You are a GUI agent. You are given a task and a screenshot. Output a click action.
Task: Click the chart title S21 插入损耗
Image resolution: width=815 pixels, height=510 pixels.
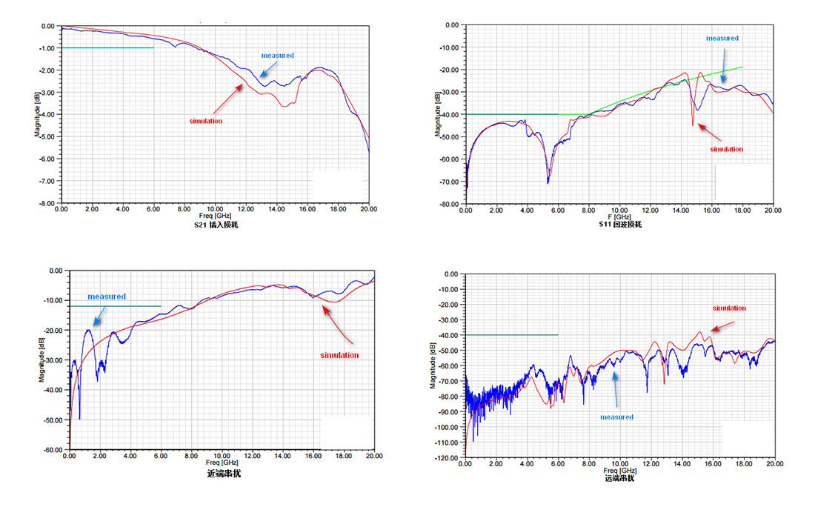pos(211,224)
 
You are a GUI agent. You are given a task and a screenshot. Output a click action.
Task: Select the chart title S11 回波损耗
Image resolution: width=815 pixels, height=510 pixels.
pos(619,224)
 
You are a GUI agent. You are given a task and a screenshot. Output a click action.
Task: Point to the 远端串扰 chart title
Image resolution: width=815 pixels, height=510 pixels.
pos(619,478)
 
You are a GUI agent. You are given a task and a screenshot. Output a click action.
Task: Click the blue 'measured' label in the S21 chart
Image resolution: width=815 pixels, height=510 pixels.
pos(277,56)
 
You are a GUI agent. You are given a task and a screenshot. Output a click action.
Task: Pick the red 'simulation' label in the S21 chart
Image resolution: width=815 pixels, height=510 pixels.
pos(204,121)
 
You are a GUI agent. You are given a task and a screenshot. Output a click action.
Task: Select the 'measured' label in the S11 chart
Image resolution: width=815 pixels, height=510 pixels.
pos(722,38)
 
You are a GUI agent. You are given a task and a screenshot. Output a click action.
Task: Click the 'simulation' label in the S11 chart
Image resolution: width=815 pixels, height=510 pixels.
pos(726,149)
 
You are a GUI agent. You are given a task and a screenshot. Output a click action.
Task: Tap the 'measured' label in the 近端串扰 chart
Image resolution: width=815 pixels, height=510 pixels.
pos(107,297)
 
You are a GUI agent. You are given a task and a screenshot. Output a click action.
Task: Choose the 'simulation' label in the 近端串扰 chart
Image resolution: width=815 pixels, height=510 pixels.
pos(339,355)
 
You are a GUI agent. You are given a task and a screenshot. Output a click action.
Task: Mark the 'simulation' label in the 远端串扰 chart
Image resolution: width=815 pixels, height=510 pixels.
pos(729,308)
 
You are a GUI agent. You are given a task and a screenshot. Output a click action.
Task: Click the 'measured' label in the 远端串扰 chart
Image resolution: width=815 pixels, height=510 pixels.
pos(616,417)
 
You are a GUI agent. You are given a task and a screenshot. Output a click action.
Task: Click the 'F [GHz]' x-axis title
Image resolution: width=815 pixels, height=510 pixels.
pos(619,216)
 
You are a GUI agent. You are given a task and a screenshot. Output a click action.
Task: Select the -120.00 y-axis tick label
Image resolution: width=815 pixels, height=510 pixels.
pos(448,458)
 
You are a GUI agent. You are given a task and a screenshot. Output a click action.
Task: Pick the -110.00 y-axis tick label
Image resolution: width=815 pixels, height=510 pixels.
pos(448,443)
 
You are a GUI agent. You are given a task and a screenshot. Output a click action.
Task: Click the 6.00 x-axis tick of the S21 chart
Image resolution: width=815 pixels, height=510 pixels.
pos(153,210)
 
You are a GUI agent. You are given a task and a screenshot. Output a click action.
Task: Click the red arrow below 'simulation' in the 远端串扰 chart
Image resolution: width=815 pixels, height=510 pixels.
pos(722,325)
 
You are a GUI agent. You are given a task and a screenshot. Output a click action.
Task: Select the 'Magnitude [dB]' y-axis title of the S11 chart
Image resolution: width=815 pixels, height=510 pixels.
pos(438,115)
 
